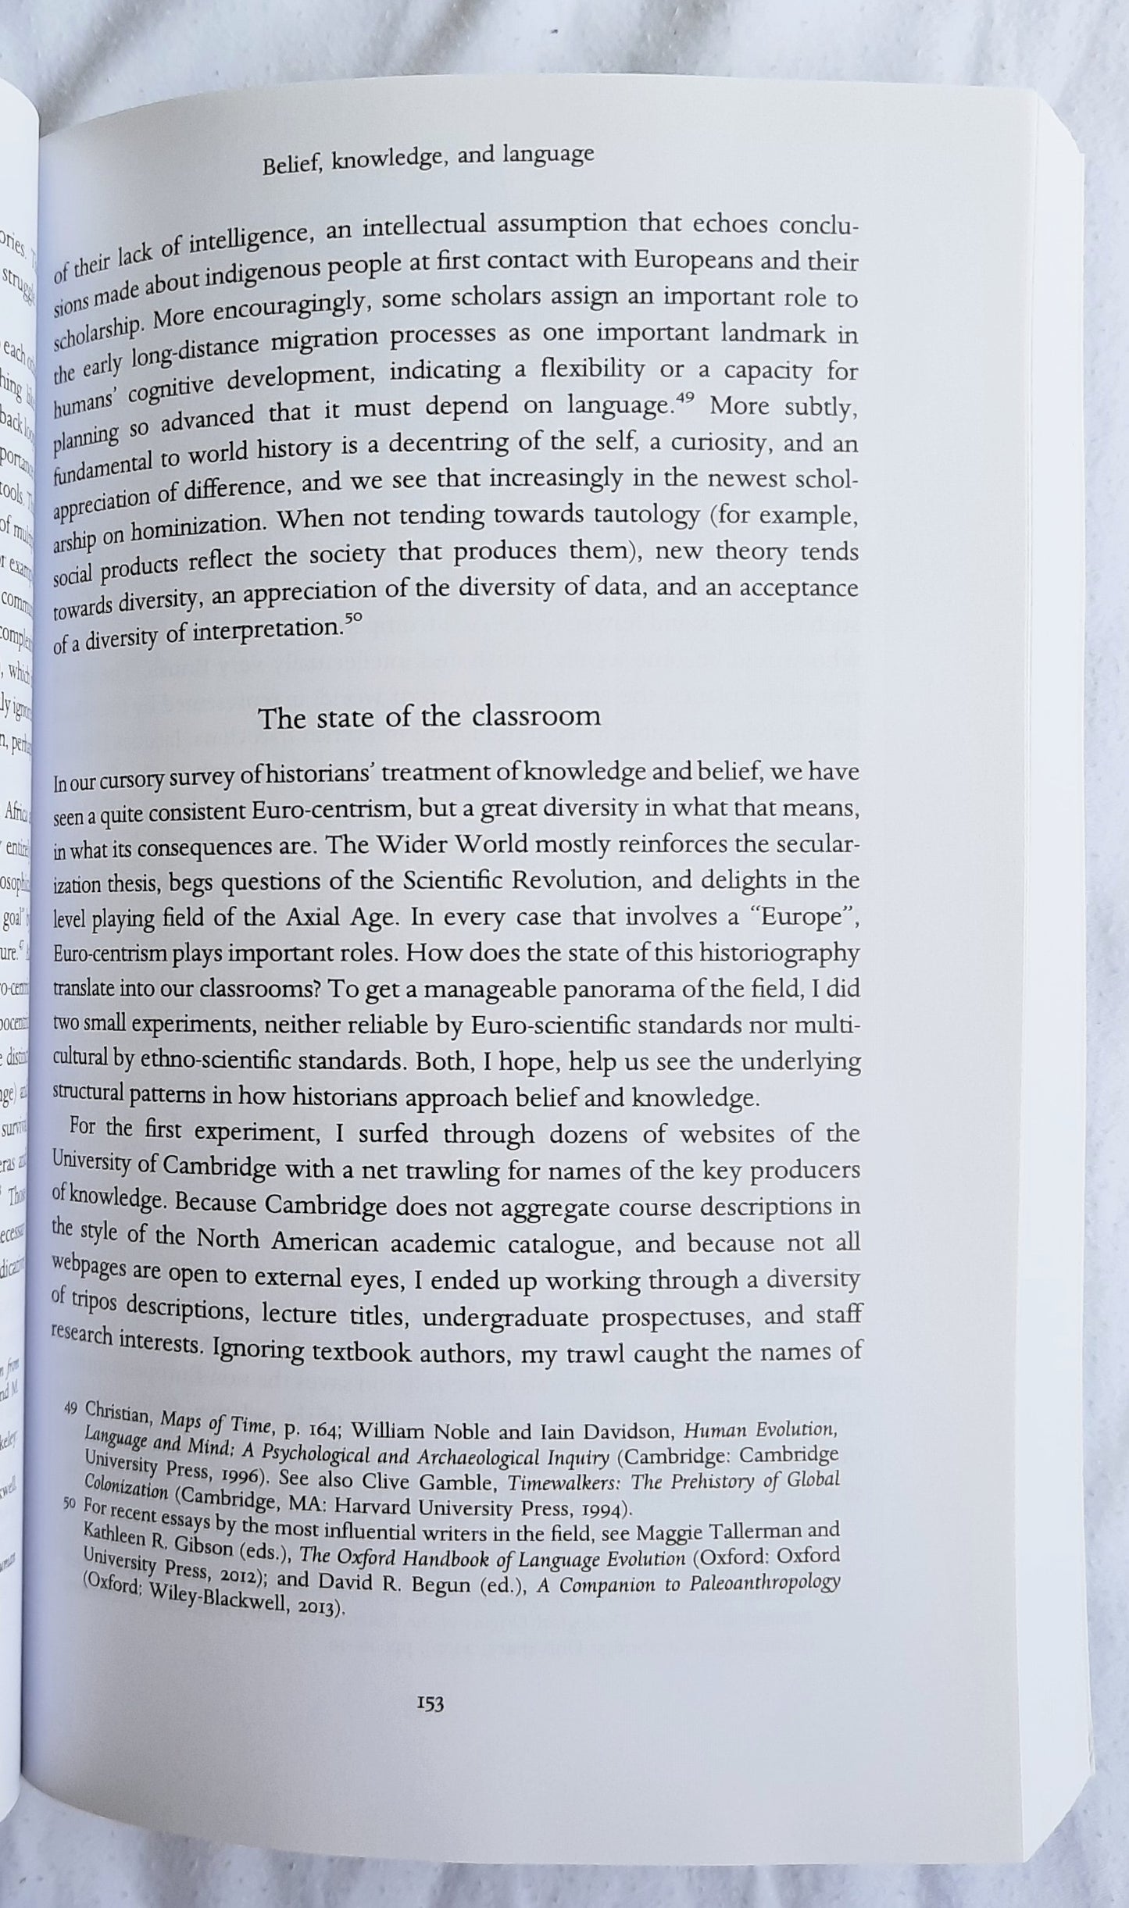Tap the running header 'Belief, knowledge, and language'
[428, 159]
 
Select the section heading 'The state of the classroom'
[430, 716]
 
